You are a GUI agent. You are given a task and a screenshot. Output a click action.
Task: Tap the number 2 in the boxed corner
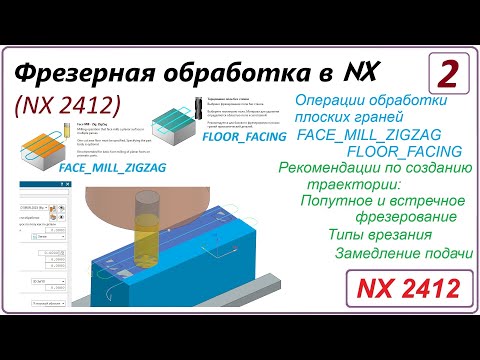click(x=449, y=74)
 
